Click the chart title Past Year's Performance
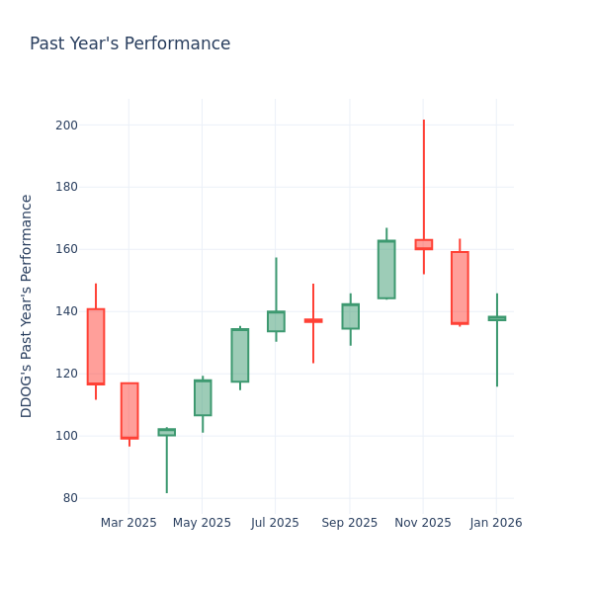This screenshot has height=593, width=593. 129,44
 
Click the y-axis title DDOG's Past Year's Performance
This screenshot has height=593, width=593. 27,305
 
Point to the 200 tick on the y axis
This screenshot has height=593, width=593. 66,126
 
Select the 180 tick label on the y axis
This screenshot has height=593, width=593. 66,187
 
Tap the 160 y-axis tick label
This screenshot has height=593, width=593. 66,249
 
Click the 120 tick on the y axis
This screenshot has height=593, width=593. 66,374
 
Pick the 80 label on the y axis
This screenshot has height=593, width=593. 69,498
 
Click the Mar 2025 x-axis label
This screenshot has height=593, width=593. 128,523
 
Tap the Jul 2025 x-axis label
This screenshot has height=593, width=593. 275,523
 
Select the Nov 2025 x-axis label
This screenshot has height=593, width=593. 423,523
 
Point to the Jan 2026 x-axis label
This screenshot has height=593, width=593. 496,523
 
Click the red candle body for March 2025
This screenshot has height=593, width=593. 129,410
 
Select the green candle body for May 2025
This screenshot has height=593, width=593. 203,397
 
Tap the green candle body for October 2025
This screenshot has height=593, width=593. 386,270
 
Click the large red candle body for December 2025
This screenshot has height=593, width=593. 460,288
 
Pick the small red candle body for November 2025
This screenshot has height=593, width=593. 423,244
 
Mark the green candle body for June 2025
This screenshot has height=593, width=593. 239,356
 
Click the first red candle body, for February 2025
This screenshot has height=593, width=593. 96,346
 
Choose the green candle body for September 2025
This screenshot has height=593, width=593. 350,316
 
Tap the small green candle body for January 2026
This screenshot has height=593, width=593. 496,318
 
